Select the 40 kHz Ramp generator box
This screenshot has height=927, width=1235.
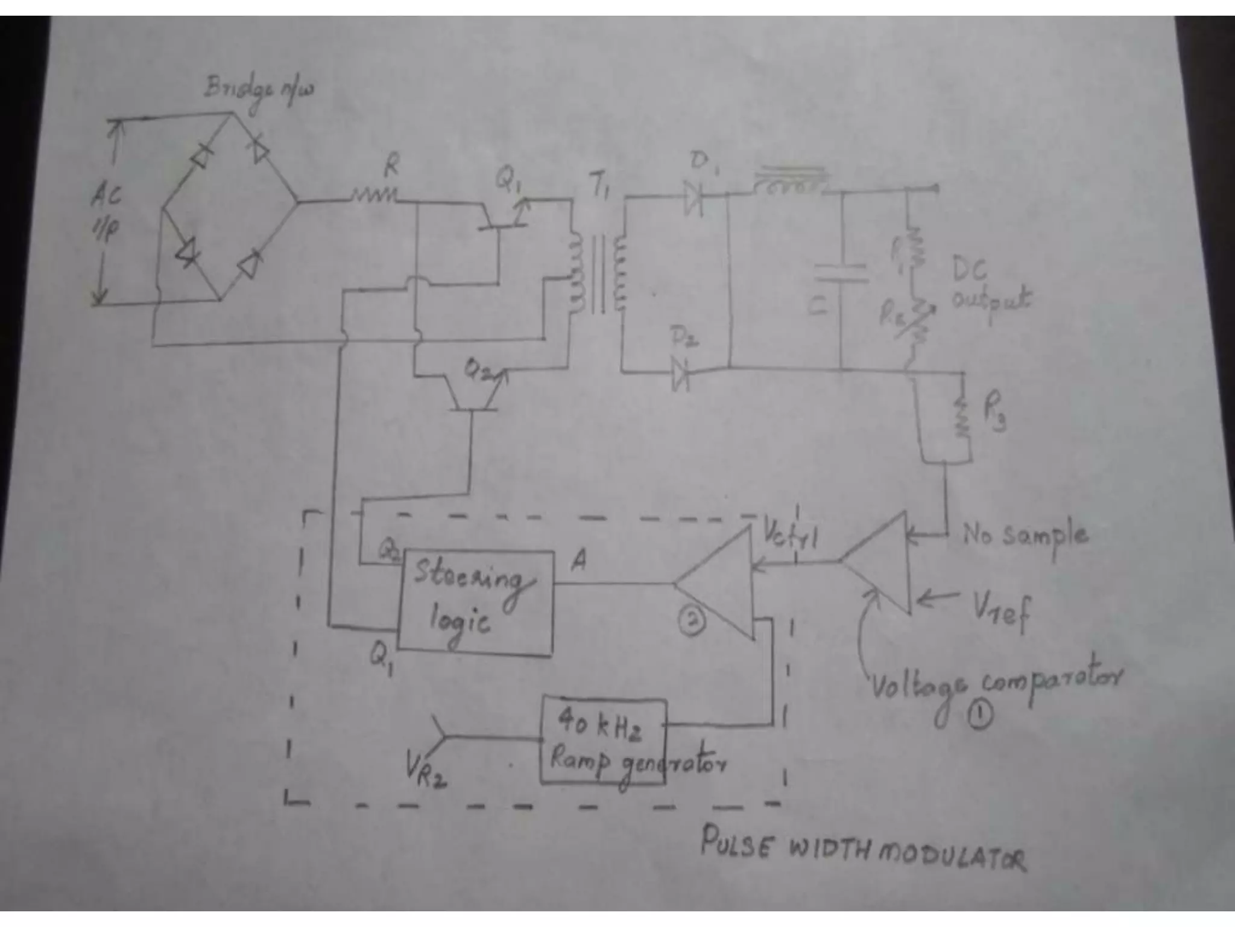(603, 741)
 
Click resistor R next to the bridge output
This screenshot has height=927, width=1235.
(374, 194)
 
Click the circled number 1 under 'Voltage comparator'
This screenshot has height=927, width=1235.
(980, 716)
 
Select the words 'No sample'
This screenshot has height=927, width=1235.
(1025, 536)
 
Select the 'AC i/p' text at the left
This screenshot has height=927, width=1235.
(106, 211)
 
